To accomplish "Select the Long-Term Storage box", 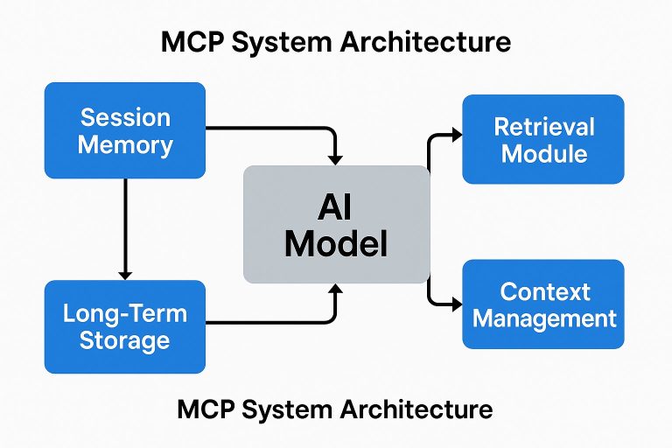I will coord(124,326).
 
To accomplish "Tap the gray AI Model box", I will coord(336,224).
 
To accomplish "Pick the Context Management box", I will coord(542,304).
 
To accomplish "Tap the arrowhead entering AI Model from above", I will coord(334,157).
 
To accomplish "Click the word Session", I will coord(125,117).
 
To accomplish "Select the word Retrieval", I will coord(543,126).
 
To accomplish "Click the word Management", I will coord(544,318).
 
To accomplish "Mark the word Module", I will coord(543,154).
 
